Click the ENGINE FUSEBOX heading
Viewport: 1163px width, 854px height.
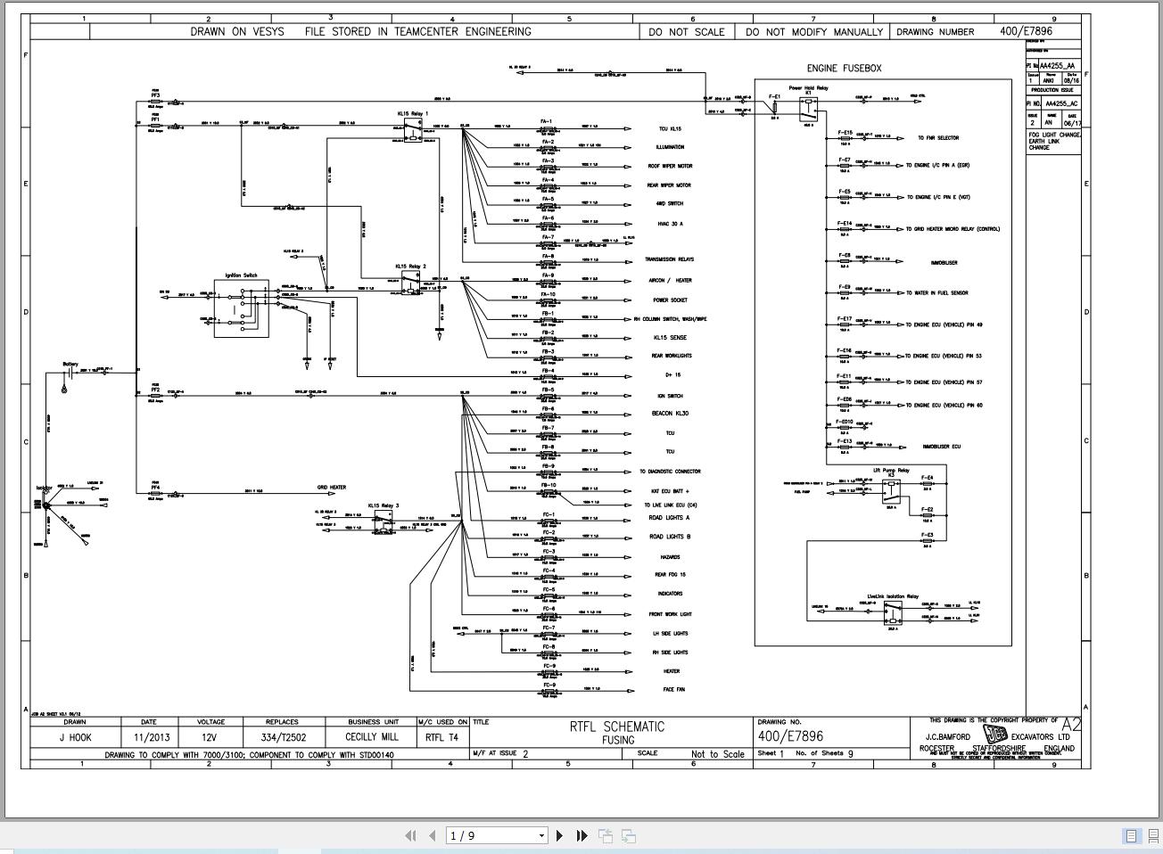click(844, 68)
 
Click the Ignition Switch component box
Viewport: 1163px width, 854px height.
click(241, 308)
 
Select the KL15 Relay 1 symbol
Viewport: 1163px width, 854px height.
click(412, 130)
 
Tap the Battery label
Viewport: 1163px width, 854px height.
click(70, 364)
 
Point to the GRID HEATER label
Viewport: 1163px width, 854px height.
click(331, 488)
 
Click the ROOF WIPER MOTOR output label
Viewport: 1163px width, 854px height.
click(669, 167)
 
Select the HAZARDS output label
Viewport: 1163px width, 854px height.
click(669, 557)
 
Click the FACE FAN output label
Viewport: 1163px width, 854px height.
click(673, 690)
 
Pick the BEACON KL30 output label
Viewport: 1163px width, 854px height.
click(670, 414)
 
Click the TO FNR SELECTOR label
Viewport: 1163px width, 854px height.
click(938, 138)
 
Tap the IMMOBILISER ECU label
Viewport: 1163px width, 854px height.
click(941, 447)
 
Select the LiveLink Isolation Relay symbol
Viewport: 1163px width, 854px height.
click(892, 612)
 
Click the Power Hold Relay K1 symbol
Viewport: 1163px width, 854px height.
click(808, 105)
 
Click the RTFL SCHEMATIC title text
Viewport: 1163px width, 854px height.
click(617, 727)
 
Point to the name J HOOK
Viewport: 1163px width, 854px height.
click(75, 737)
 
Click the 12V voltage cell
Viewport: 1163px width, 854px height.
click(210, 737)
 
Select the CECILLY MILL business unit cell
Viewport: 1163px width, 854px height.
click(372, 737)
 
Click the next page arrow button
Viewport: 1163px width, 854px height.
click(559, 835)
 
